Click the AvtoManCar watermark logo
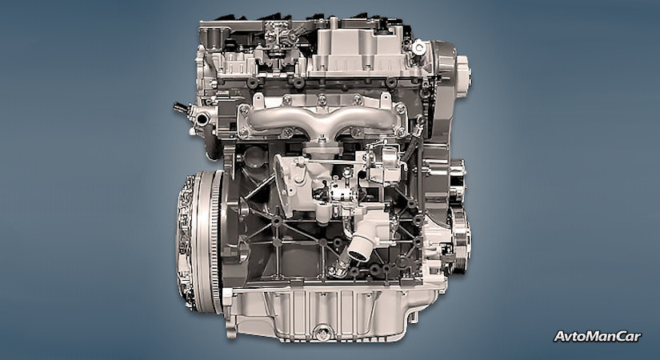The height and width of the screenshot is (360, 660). [598, 337]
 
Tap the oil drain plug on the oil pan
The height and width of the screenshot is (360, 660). [322, 333]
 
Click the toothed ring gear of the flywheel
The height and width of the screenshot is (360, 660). [216, 242]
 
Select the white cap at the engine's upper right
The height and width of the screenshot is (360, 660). [463, 77]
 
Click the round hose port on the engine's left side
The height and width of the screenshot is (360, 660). [202, 119]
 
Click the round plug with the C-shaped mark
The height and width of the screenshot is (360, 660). [418, 47]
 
